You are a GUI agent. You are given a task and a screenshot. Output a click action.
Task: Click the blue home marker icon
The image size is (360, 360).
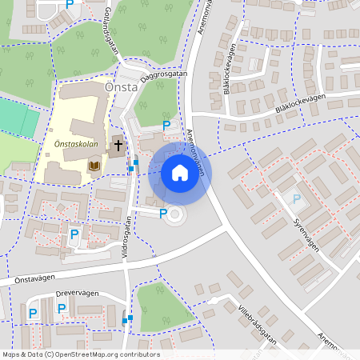(x=179, y=173)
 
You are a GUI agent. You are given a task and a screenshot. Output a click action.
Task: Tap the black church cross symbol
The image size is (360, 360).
(x=118, y=146)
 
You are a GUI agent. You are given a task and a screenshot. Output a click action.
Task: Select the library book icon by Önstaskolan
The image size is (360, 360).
(x=95, y=166)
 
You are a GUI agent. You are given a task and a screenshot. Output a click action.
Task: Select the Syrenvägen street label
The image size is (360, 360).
(x=306, y=234)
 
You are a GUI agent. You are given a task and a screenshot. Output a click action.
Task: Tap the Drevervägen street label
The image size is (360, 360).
(x=77, y=294)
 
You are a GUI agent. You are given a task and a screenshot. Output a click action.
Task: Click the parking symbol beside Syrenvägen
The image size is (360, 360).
(x=297, y=198)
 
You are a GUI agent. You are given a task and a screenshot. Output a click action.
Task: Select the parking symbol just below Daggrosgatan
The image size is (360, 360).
(x=166, y=126)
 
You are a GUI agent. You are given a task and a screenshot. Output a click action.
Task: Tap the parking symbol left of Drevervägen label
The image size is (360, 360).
(x=33, y=313)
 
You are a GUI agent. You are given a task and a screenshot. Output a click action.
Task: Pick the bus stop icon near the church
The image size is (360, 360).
(x=133, y=166)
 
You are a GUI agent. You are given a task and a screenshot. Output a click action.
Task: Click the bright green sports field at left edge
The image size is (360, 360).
(x=19, y=119)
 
